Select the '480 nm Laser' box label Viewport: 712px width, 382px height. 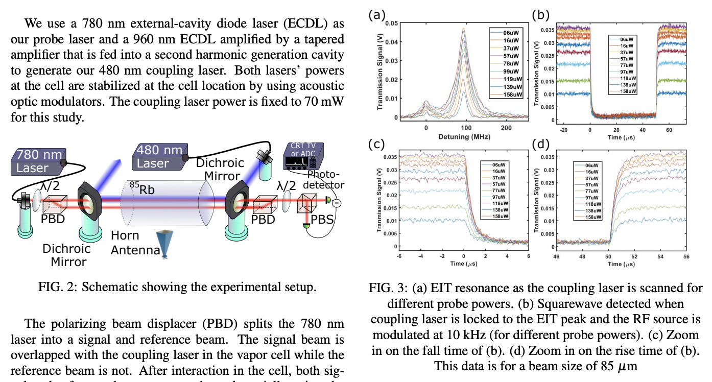(156, 157)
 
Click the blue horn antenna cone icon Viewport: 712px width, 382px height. (165, 244)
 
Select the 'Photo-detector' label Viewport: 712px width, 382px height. (325, 179)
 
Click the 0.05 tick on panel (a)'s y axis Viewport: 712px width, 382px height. (391, 23)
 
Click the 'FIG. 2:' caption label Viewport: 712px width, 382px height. (55, 287)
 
